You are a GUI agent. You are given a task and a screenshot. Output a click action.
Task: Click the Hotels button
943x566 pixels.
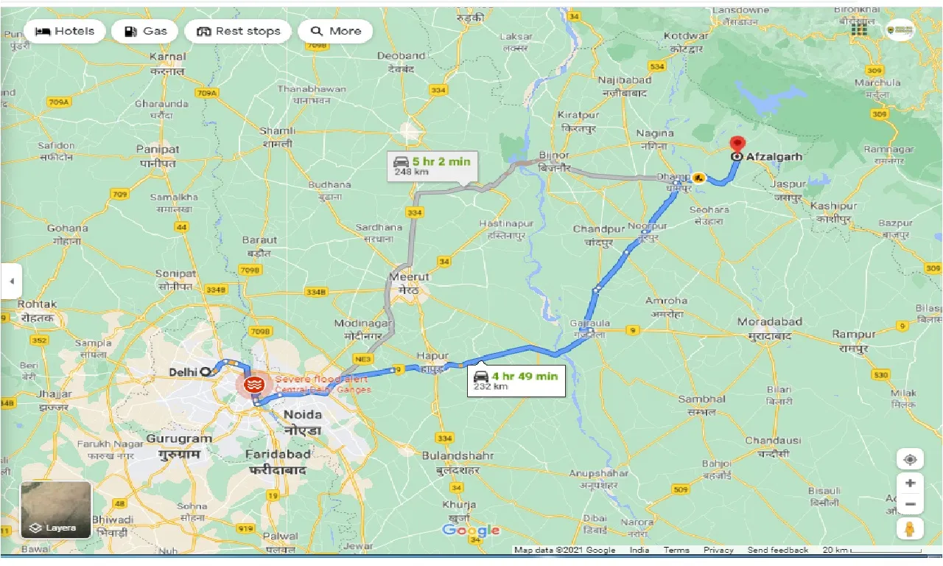point(64,31)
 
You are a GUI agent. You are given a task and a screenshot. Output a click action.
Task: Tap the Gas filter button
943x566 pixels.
point(145,31)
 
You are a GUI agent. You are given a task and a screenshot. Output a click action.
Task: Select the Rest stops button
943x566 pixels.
point(238,31)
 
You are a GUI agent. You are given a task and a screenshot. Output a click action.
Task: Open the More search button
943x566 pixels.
point(336,31)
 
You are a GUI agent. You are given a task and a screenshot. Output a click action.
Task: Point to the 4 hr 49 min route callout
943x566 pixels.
point(516,380)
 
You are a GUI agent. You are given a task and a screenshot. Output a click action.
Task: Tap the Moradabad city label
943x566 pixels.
point(770,323)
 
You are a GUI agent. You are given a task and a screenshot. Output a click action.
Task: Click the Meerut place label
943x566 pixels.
point(410,277)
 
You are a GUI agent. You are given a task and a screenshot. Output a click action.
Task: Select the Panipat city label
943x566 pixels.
point(158,149)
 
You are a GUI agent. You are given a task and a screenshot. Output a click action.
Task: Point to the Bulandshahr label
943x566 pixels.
point(452,455)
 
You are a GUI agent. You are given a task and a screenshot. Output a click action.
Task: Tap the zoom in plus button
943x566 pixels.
point(910,483)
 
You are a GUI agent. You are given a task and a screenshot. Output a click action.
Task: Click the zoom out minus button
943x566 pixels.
point(910,505)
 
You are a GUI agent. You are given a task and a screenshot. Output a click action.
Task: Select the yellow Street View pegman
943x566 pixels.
point(910,528)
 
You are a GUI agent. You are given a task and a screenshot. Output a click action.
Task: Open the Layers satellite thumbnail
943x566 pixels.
point(56,509)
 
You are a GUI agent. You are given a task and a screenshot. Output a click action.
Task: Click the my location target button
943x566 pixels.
point(910,460)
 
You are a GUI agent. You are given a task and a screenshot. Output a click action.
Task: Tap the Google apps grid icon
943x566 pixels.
point(859,29)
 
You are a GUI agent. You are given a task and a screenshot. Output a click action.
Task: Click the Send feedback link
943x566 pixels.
point(777,551)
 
